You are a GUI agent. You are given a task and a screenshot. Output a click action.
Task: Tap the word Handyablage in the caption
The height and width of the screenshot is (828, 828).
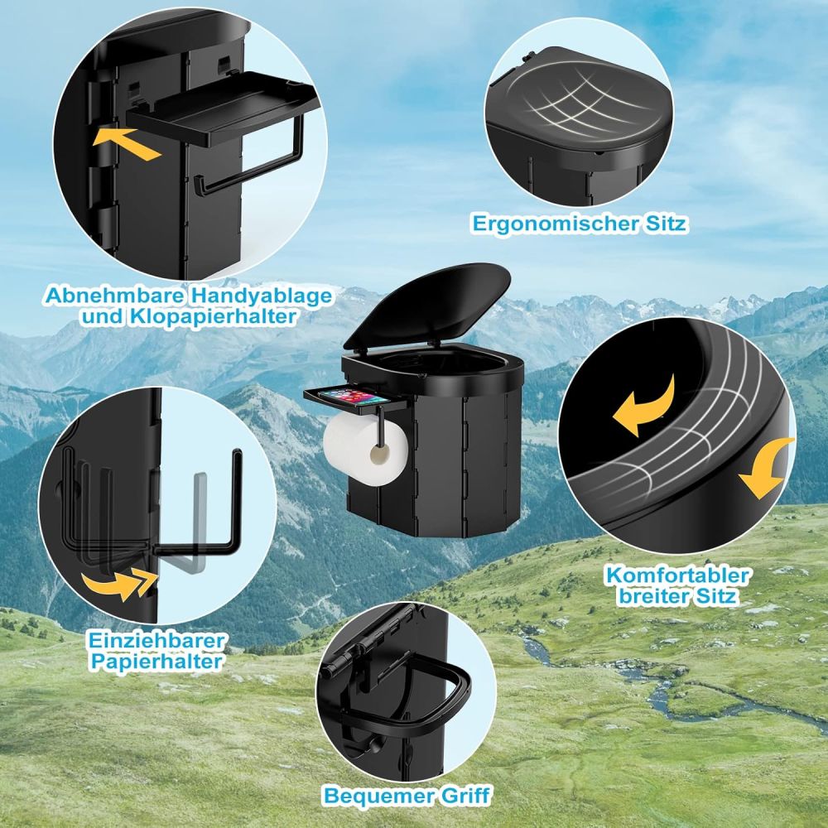pyautogui.click(x=262, y=296)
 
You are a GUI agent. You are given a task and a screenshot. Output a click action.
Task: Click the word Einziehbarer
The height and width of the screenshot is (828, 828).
pyautogui.click(x=156, y=641)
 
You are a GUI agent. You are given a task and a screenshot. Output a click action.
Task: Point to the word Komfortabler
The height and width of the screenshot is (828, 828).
pyautogui.click(x=677, y=575)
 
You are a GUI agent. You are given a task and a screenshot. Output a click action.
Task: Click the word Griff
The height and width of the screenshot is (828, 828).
pyautogui.click(x=463, y=795)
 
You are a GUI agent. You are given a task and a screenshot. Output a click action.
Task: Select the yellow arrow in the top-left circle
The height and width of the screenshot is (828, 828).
pyautogui.click(x=126, y=143)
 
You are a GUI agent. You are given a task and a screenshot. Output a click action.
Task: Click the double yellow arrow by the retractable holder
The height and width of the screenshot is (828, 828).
pyautogui.click(x=120, y=585)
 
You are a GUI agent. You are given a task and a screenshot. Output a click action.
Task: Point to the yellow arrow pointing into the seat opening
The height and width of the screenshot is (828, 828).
pyautogui.click(x=644, y=406)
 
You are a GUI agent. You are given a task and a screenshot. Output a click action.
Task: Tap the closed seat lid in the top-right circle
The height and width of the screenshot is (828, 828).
pyautogui.click(x=579, y=103)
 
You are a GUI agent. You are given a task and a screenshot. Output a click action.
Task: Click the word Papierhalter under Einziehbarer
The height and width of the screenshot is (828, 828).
pyautogui.click(x=156, y=662)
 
